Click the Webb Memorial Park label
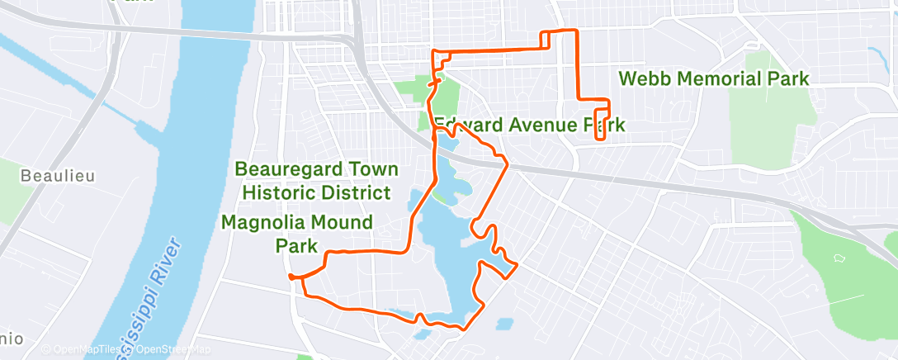pos(713,79)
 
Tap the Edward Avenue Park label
pos(529,126)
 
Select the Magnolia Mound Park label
pos(296,234)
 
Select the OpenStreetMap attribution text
pos(169,349)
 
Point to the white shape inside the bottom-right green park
pos(841,258)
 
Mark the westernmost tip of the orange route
pos(291,277)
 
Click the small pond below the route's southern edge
pos(423,334)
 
